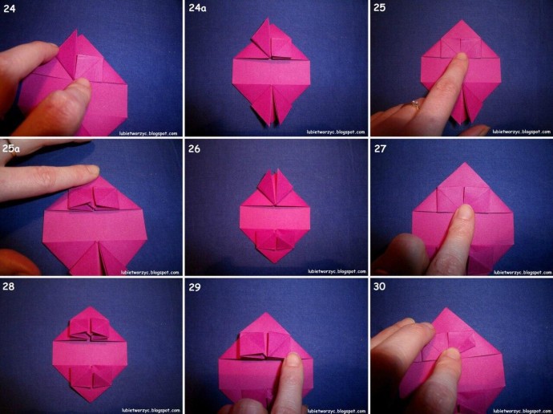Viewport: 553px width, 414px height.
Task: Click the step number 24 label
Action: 9,9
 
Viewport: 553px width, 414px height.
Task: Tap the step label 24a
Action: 197,8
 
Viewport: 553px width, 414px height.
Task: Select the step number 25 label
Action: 379,8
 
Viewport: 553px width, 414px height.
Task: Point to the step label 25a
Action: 11,148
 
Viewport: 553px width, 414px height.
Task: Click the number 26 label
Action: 194,149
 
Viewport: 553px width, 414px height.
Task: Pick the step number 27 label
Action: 380,148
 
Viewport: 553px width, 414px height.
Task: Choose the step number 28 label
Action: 9,286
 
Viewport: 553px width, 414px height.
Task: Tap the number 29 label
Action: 194,287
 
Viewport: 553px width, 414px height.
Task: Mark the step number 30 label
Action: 379,286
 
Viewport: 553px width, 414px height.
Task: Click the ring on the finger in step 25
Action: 415,104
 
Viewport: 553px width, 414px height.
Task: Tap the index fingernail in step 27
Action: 465,212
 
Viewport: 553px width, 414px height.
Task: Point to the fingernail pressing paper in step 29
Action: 293,359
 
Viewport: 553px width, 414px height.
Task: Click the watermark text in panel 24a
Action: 336,132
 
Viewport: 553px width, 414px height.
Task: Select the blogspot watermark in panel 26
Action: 337,271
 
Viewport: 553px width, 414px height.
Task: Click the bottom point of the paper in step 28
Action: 91,401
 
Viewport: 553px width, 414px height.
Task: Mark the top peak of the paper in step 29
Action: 267,313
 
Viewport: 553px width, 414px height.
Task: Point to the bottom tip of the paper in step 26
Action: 276,262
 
